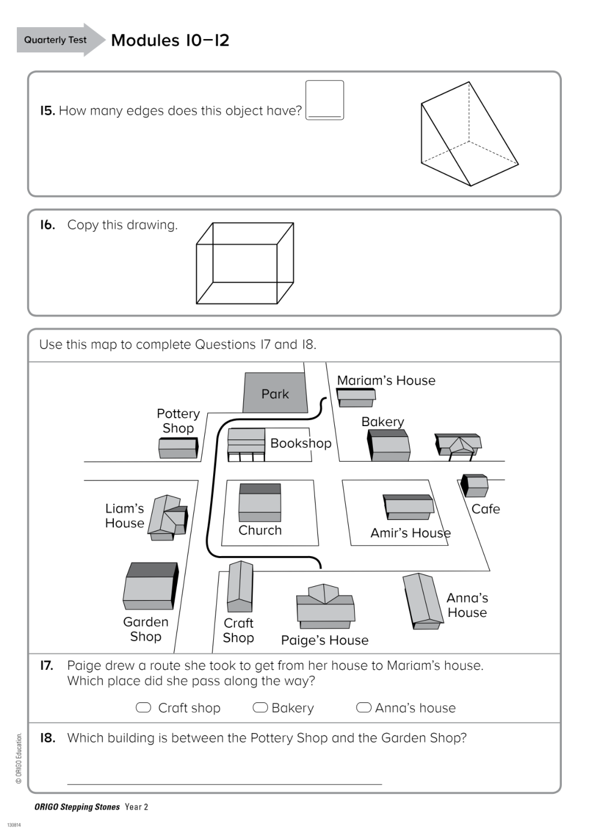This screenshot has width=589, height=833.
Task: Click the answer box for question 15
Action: pos(325,100)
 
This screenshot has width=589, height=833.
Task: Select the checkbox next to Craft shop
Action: pos(143,707)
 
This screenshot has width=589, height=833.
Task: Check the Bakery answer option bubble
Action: pos(260,707)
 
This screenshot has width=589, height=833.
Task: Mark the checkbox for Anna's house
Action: pos(364,707)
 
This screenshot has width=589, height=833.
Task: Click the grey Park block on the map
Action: pos(275,392)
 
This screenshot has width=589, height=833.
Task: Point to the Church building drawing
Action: pos(260,502)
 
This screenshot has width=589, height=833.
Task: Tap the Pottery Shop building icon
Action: pos(178,448)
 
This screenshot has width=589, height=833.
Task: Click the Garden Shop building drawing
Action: pos(150,586)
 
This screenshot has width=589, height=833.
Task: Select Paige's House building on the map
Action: pos(325,607)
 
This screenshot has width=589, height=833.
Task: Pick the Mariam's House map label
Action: pos(386,380)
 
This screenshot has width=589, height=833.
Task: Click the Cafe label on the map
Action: pos(485,509)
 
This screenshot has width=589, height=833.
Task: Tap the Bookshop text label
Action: pos(301,444)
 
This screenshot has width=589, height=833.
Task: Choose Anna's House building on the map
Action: pos(423,601)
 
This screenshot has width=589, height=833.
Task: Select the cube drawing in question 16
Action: pos(245,264)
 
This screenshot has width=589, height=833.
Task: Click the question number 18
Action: pos(48,738)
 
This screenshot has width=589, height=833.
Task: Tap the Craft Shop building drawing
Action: pos(240,586)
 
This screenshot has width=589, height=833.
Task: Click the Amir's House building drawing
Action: pos(408,507)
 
